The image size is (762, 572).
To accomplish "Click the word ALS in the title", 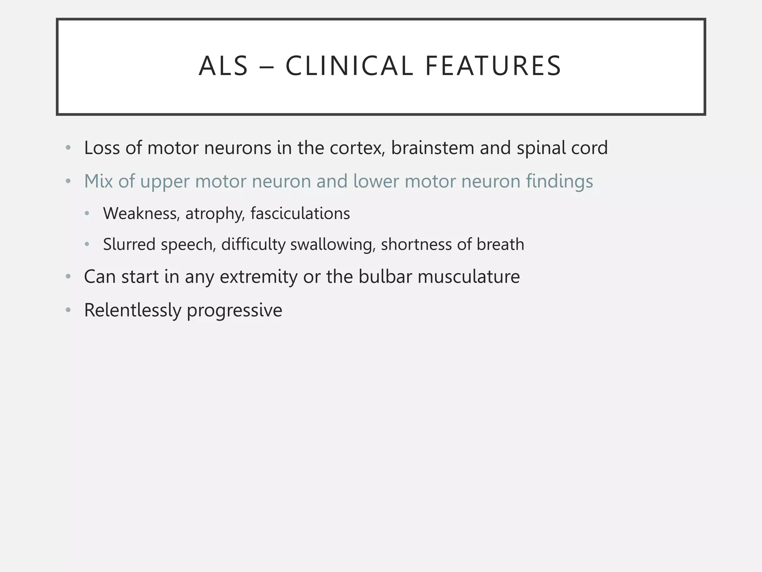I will (223, 66).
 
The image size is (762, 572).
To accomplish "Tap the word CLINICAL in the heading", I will (349, 66).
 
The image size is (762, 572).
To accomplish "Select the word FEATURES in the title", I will (493, 66).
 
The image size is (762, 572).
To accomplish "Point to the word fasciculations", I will (300, 214).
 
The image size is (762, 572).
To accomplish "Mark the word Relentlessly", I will (132, 311).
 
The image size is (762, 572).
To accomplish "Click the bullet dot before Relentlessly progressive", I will (68, 310).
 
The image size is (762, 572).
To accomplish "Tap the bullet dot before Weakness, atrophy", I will (87, 214).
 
